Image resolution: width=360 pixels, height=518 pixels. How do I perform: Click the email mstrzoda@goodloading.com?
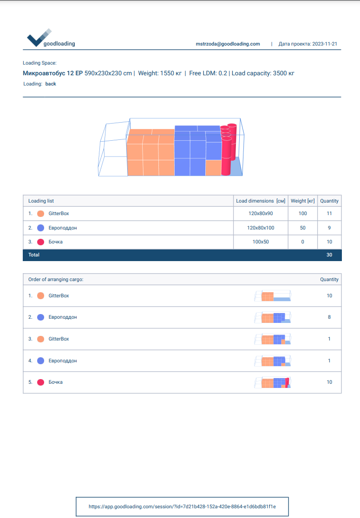click(228, 44)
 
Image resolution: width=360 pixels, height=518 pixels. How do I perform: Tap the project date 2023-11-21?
click(325, 44)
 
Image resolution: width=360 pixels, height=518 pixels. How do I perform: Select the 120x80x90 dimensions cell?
click(260, 214)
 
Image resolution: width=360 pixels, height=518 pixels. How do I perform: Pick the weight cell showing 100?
click(302, 214)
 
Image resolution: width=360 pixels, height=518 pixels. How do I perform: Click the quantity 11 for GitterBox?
click(329, 214)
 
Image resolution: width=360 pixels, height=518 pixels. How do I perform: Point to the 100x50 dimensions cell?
click(260, 242)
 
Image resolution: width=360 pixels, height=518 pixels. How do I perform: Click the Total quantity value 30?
click(329, 255)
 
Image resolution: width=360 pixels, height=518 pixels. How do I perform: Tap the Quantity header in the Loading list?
click(329, 201)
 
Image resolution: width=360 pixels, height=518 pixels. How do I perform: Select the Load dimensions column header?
click(260, 201)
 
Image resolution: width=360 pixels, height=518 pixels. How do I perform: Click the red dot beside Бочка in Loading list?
click(40, 242)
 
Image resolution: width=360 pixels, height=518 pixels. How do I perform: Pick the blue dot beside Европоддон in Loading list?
click(40, 228)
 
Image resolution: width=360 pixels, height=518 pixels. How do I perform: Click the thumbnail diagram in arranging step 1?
click(273, 296)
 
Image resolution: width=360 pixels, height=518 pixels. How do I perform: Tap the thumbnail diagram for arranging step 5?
click(273, 382)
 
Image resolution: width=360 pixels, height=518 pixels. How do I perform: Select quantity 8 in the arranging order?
click(329, 317)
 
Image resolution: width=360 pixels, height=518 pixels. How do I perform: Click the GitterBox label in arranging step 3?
click(59, 339)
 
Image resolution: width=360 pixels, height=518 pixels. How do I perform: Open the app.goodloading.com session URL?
click(182, 506)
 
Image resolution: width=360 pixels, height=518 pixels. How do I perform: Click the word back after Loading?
click(51, 84)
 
